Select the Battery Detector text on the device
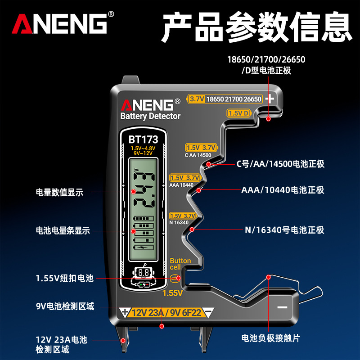tap(150, 116)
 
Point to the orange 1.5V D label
tap(238, 113)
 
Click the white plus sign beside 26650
tap(270, 99)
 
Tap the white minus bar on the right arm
tap(282, 307)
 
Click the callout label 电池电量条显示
tap(63, 230)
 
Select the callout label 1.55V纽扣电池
tap(64, 279)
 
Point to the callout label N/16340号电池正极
tap(284, 230)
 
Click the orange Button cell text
tap(180, 264)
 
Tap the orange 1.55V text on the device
tap(172, 293)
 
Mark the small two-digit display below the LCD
tap(144, 273)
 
